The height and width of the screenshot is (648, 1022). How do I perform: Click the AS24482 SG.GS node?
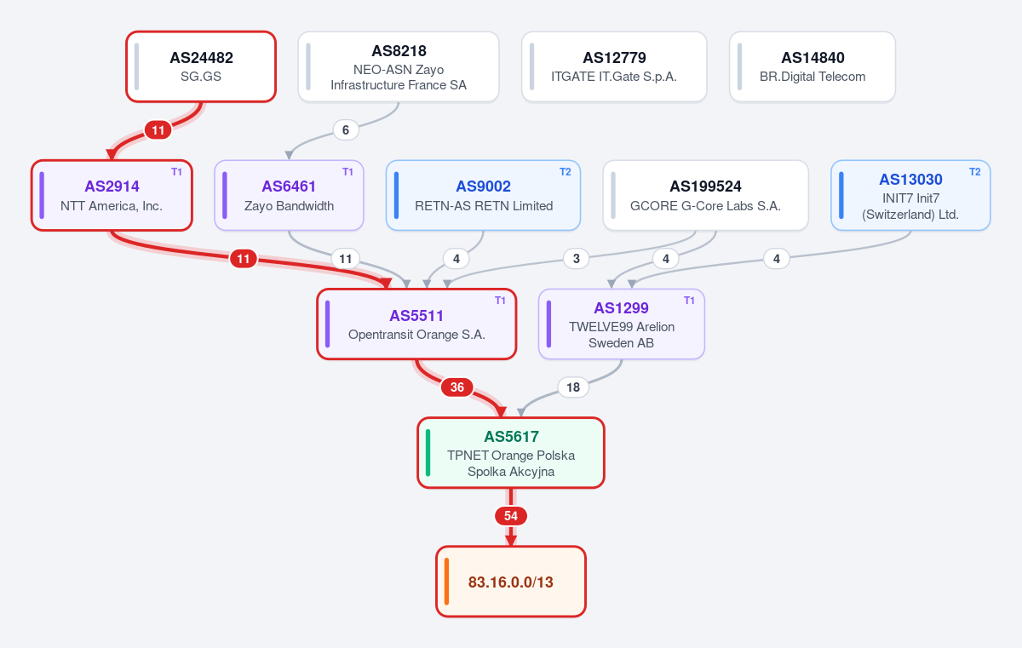click(x=201, y=66)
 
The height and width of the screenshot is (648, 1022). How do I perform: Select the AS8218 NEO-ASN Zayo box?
click(x=399, y=66)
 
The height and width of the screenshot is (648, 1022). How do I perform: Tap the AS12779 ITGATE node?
click(x=614, y=66)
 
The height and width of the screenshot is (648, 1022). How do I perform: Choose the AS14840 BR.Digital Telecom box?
click(x=812, y=66)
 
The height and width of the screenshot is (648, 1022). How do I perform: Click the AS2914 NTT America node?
click(x=112, y=195)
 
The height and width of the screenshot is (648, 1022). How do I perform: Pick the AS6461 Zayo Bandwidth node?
click(x=289, y=195)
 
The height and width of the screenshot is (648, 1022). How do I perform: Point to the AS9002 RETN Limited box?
click(x=483, y=195)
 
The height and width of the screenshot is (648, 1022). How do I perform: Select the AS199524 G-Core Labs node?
click(x=705, y=195)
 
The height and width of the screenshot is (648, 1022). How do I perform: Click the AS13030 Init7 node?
click(x=910, y=195)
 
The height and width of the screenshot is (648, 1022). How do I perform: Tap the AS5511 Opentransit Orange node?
click(x=416, y=324)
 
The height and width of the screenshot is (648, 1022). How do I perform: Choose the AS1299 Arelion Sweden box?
click(x=622, y=324)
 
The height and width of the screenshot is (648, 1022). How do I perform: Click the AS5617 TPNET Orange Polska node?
click(x=511, y=452)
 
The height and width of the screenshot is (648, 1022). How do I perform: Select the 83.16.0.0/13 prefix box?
click(x=511, y=582)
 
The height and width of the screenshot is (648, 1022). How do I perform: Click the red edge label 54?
click(x=511, y=516)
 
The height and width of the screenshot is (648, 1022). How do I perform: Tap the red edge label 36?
click(x=457, y=387)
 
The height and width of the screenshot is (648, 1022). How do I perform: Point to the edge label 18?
click(x=573, y=387)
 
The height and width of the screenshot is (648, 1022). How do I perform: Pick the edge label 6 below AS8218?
click(x=346, y=130)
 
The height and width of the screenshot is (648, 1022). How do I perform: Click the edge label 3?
click(x=577, y=259)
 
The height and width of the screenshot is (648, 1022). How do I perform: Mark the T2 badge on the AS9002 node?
click(x=565, y=171)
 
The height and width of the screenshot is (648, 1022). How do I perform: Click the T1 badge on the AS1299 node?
click(x=689, y=300)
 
